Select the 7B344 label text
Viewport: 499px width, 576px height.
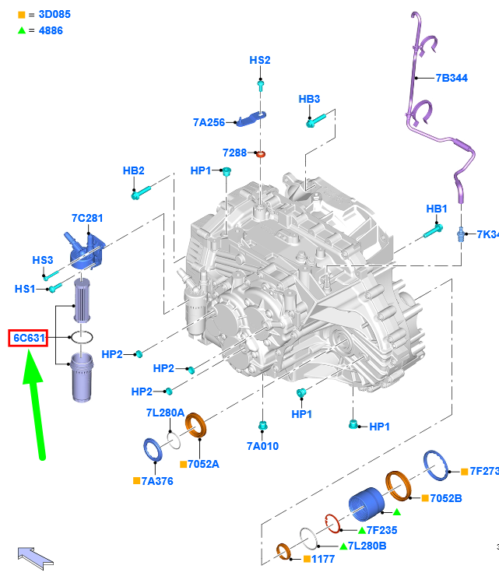click(452, 78)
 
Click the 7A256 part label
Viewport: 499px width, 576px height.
click(209, 122)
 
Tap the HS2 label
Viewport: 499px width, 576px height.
click(260, 60)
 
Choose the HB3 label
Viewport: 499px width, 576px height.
click(309, 100)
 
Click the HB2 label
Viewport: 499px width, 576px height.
click(133, 170)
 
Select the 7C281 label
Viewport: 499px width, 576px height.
click(87, 219)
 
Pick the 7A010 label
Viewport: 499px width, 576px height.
click(262, 446)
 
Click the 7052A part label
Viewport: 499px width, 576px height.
click(203, 464)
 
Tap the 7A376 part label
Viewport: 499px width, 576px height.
click(156, 481)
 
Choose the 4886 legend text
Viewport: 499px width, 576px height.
click(51, 30)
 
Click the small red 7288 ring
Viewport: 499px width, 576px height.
click(261, 153)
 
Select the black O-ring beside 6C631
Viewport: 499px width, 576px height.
click(83, 338)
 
